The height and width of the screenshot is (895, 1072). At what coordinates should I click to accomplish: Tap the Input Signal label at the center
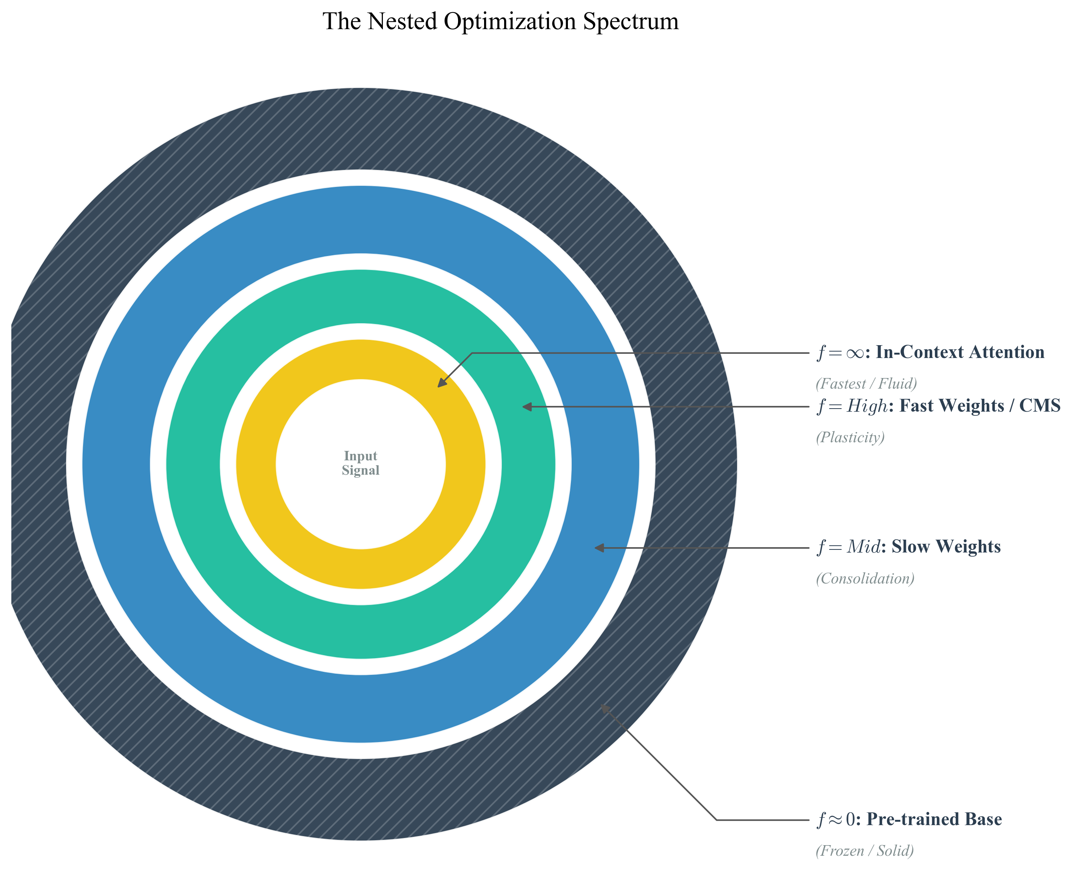click(x=360, y=463)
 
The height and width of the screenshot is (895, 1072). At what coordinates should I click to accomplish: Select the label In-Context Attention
click(x=960, y=352)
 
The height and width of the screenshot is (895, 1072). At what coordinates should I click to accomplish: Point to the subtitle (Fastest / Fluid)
click(x=866, y=383)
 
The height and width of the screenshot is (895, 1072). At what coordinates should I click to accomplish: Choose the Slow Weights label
click(x=946, y=547)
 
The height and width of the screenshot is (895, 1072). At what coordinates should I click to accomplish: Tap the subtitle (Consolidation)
click(x=865, y=579)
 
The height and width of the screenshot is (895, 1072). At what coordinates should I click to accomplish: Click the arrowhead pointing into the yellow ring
click(x=441, y=383)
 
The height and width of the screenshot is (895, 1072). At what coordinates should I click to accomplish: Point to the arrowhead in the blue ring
click(x=599, y=547)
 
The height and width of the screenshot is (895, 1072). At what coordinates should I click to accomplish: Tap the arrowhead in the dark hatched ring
click(x=605, y=708)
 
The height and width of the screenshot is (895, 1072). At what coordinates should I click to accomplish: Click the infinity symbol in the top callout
click(x=855, y=353)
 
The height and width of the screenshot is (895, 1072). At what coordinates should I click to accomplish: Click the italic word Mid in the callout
click(x=864, y=547)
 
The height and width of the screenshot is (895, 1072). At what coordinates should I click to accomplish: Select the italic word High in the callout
click(x=867, y=406)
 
